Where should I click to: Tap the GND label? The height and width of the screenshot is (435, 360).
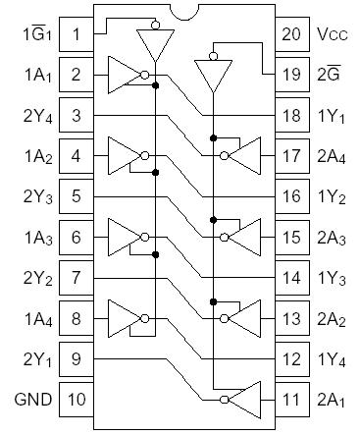pyautogui.click(x=26, y=399)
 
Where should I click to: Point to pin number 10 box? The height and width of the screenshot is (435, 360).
pyautogui.click(x=76, y=399)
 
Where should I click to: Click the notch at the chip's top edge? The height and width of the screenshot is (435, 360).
pyautogui.click(x=180, y=12)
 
